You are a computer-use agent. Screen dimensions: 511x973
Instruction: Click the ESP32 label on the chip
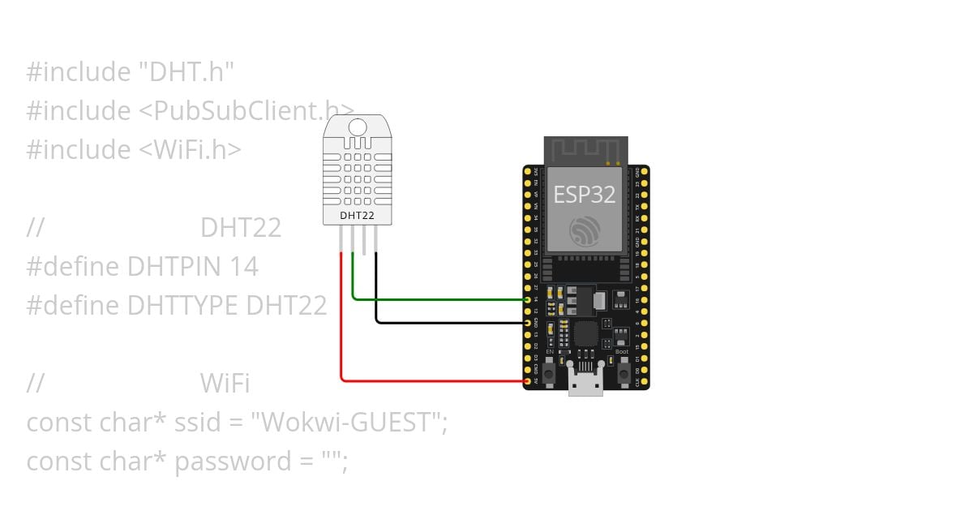pyautogui.click(x=585, y=195)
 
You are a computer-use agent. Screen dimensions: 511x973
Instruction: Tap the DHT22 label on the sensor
pyautogui.click(x=357, y=216)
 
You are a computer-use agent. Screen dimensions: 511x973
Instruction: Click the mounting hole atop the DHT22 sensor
pyautogui.click(x=357, y=127)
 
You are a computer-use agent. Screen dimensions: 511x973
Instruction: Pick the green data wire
pyautogui.click(x=438, y=299)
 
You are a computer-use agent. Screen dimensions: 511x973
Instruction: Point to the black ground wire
pyautogui.click(x=446, y=322)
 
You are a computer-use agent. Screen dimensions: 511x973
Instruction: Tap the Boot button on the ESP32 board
pyautogui.click(x=624, y=373)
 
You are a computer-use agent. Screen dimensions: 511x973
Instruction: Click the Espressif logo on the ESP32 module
pyautogui.click(x=585, y=232)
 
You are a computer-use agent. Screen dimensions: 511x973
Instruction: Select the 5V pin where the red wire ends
pyautogui.click(x=529, y=380)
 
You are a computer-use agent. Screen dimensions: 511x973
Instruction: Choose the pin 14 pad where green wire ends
pyautogui.click(x=529, y=299)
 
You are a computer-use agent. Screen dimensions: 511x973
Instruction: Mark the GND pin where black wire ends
pyautogui.click(x=529, y=322)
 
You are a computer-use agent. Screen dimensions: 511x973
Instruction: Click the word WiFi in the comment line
pyautogui.click(x=225, y=383)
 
